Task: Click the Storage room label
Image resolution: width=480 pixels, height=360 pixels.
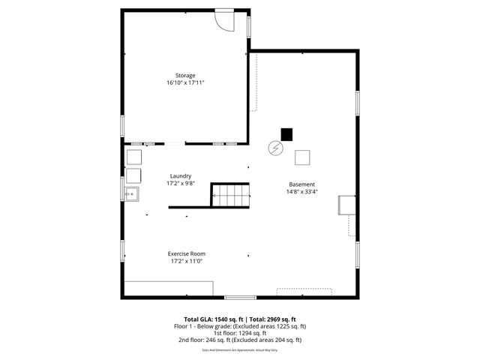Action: (x=185, y=76)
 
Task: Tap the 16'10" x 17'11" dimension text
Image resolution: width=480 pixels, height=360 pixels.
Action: (x=185, y=83)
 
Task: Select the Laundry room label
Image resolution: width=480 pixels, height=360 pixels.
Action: (x=180, y=176)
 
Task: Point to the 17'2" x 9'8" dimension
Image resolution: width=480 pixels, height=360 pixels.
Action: (x=180, y=184)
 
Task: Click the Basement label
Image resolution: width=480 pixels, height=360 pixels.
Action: (x=302, y=184)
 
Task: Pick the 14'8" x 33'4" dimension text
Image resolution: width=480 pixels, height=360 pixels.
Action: (x=302, y=192)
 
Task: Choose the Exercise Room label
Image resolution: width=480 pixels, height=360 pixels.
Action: (x=187, y=253)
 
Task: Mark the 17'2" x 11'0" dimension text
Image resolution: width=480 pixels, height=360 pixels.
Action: (x=187, y=262)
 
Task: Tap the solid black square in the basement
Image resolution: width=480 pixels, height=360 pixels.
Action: (x=286, y=134)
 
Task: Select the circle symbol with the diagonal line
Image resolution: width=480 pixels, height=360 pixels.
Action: (x=277, y=148)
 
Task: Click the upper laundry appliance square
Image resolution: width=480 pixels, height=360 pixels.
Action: (x=133, y=157)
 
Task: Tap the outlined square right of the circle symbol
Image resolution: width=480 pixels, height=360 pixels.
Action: (x=302, y=157)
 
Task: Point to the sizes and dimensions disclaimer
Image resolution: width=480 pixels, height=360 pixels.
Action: (x=239, y=349)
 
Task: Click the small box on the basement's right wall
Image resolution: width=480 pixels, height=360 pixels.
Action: (x=346, y=205)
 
